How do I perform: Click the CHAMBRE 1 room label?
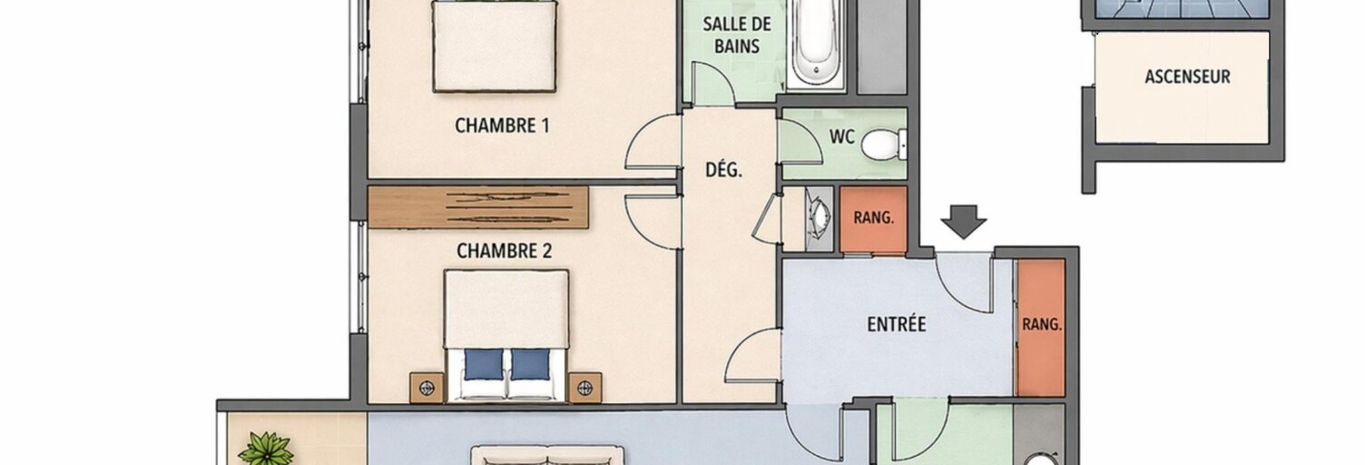pyautogui.click(x=502, y=125)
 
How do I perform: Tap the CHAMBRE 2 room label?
pyautogui.click(x=504, y=251)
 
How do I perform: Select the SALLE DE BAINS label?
pyautogui.click(x=737, y=35)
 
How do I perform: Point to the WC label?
pyautogui.click(x=841, y=137)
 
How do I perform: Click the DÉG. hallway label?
pyautogui.click(x=724, y=170)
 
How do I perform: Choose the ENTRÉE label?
pyautogui.click(x=897, y=324)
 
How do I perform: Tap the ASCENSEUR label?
pyautogui.click(x=1187, y=77)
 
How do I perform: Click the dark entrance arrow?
pyautogui.click(x=963, y=222)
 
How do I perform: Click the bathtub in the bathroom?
pyautogui.click(x=816, y=44)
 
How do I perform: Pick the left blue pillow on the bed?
pyautogui.click(x=484, y=364)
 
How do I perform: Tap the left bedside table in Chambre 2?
pyautogui.click(x=427, y=388)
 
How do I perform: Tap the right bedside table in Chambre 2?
pyautogui.click(x=585, y=388)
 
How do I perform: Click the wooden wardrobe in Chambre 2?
pyautogui.click(x=478, y=208)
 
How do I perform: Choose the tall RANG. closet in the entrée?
pyautogui.click(x=1041, y=327)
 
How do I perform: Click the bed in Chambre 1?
pyautogui.click(x=495, y=46)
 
